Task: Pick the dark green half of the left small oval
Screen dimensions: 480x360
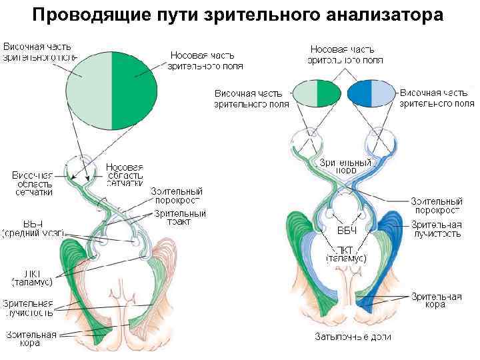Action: pyautogui.click(x=328, y=93)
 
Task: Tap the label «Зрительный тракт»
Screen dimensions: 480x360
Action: pyautogui.click(x=179, y=217)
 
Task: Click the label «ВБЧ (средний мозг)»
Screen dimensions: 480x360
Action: pyautogui.click(x=33, y=227)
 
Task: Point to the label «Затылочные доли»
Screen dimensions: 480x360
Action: pyautogui.click(x=353, y=337)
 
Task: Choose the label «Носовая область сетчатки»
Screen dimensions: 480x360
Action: pyautogui.click(x=125, y=174)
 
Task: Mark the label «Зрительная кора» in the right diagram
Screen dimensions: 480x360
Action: pyautogui.click(x=436, y=301)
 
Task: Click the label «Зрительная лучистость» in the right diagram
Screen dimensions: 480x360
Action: pyautogui.click(x=436, y=229)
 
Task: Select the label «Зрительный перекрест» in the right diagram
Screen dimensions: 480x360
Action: pyautogui.click(x=436, y=205)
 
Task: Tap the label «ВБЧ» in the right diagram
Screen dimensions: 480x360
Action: pyautogui.click(x=346, y=231)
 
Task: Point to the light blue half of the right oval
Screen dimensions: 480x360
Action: pyautogui.click(x=382, y=93)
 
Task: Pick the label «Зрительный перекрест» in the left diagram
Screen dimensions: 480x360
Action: pyautogui.click(x=178, y=195)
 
